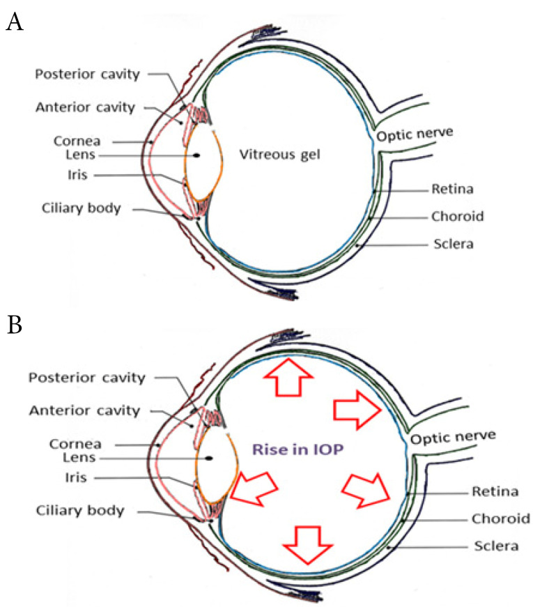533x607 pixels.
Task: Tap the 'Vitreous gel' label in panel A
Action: click(x=280, y=154)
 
